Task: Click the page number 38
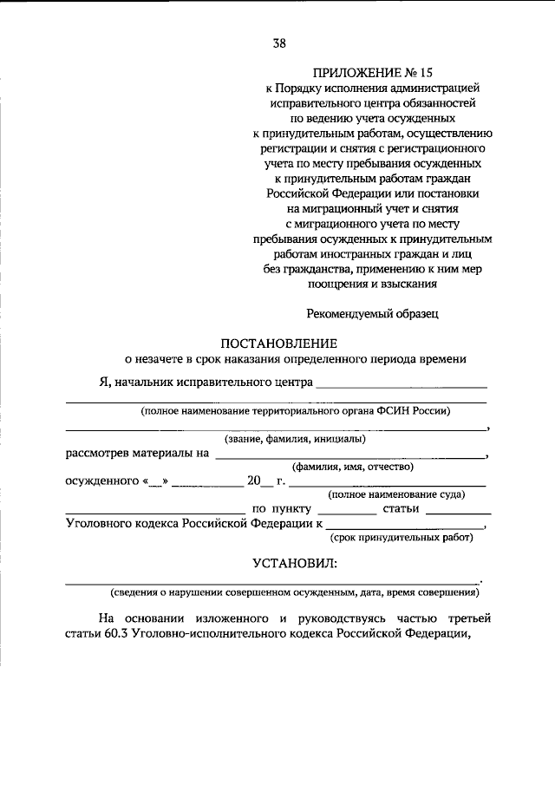(278, 43)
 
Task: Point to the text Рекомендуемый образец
(372, 314)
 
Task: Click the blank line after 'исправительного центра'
(401, 383)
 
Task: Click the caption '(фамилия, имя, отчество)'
(352, 466)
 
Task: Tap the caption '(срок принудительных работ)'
(404, 537)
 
